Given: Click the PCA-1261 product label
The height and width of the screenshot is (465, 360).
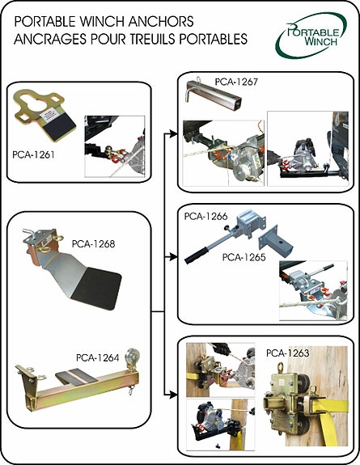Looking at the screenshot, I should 33,153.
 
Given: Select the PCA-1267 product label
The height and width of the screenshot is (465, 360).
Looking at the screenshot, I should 236,82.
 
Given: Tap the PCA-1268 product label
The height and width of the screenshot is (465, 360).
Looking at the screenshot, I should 91,242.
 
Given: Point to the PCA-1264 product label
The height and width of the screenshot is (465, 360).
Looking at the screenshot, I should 96,357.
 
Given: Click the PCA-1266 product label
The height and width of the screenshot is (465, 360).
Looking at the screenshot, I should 205,217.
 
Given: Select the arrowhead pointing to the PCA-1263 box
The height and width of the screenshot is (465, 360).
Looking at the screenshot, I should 172,395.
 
